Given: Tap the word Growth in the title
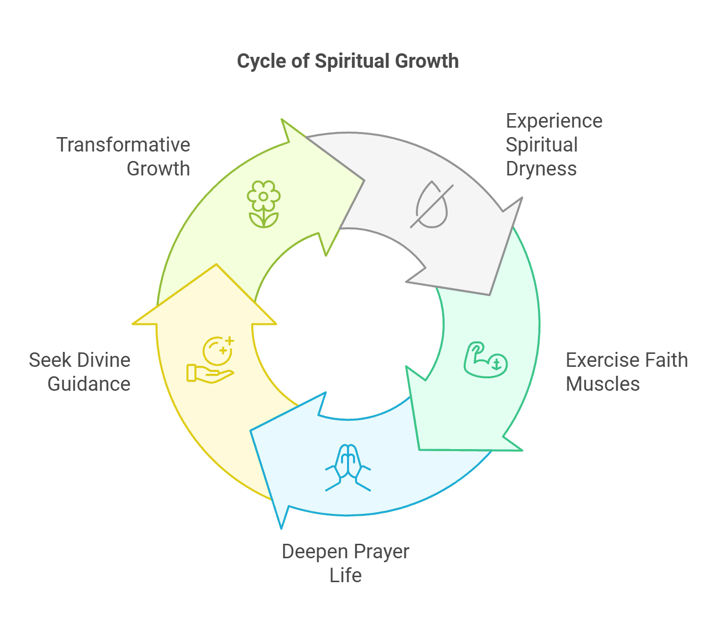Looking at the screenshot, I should coord(427,61).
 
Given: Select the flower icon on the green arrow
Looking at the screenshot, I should coord(263,204).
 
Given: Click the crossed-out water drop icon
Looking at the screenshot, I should coord(432,205).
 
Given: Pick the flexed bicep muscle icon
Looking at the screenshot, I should coord(485,359).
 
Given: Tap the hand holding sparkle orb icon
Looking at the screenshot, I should coord(211,359).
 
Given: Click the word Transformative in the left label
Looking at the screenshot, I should coord(123,145).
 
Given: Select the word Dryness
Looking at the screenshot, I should coord(541,169).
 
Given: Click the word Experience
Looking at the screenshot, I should coord(554,121).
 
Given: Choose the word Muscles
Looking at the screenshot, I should coord(602,384).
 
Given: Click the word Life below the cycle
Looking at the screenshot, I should coord(346,576).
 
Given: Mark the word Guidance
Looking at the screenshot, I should coord(89,384).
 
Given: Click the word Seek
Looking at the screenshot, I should coord(45,360).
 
